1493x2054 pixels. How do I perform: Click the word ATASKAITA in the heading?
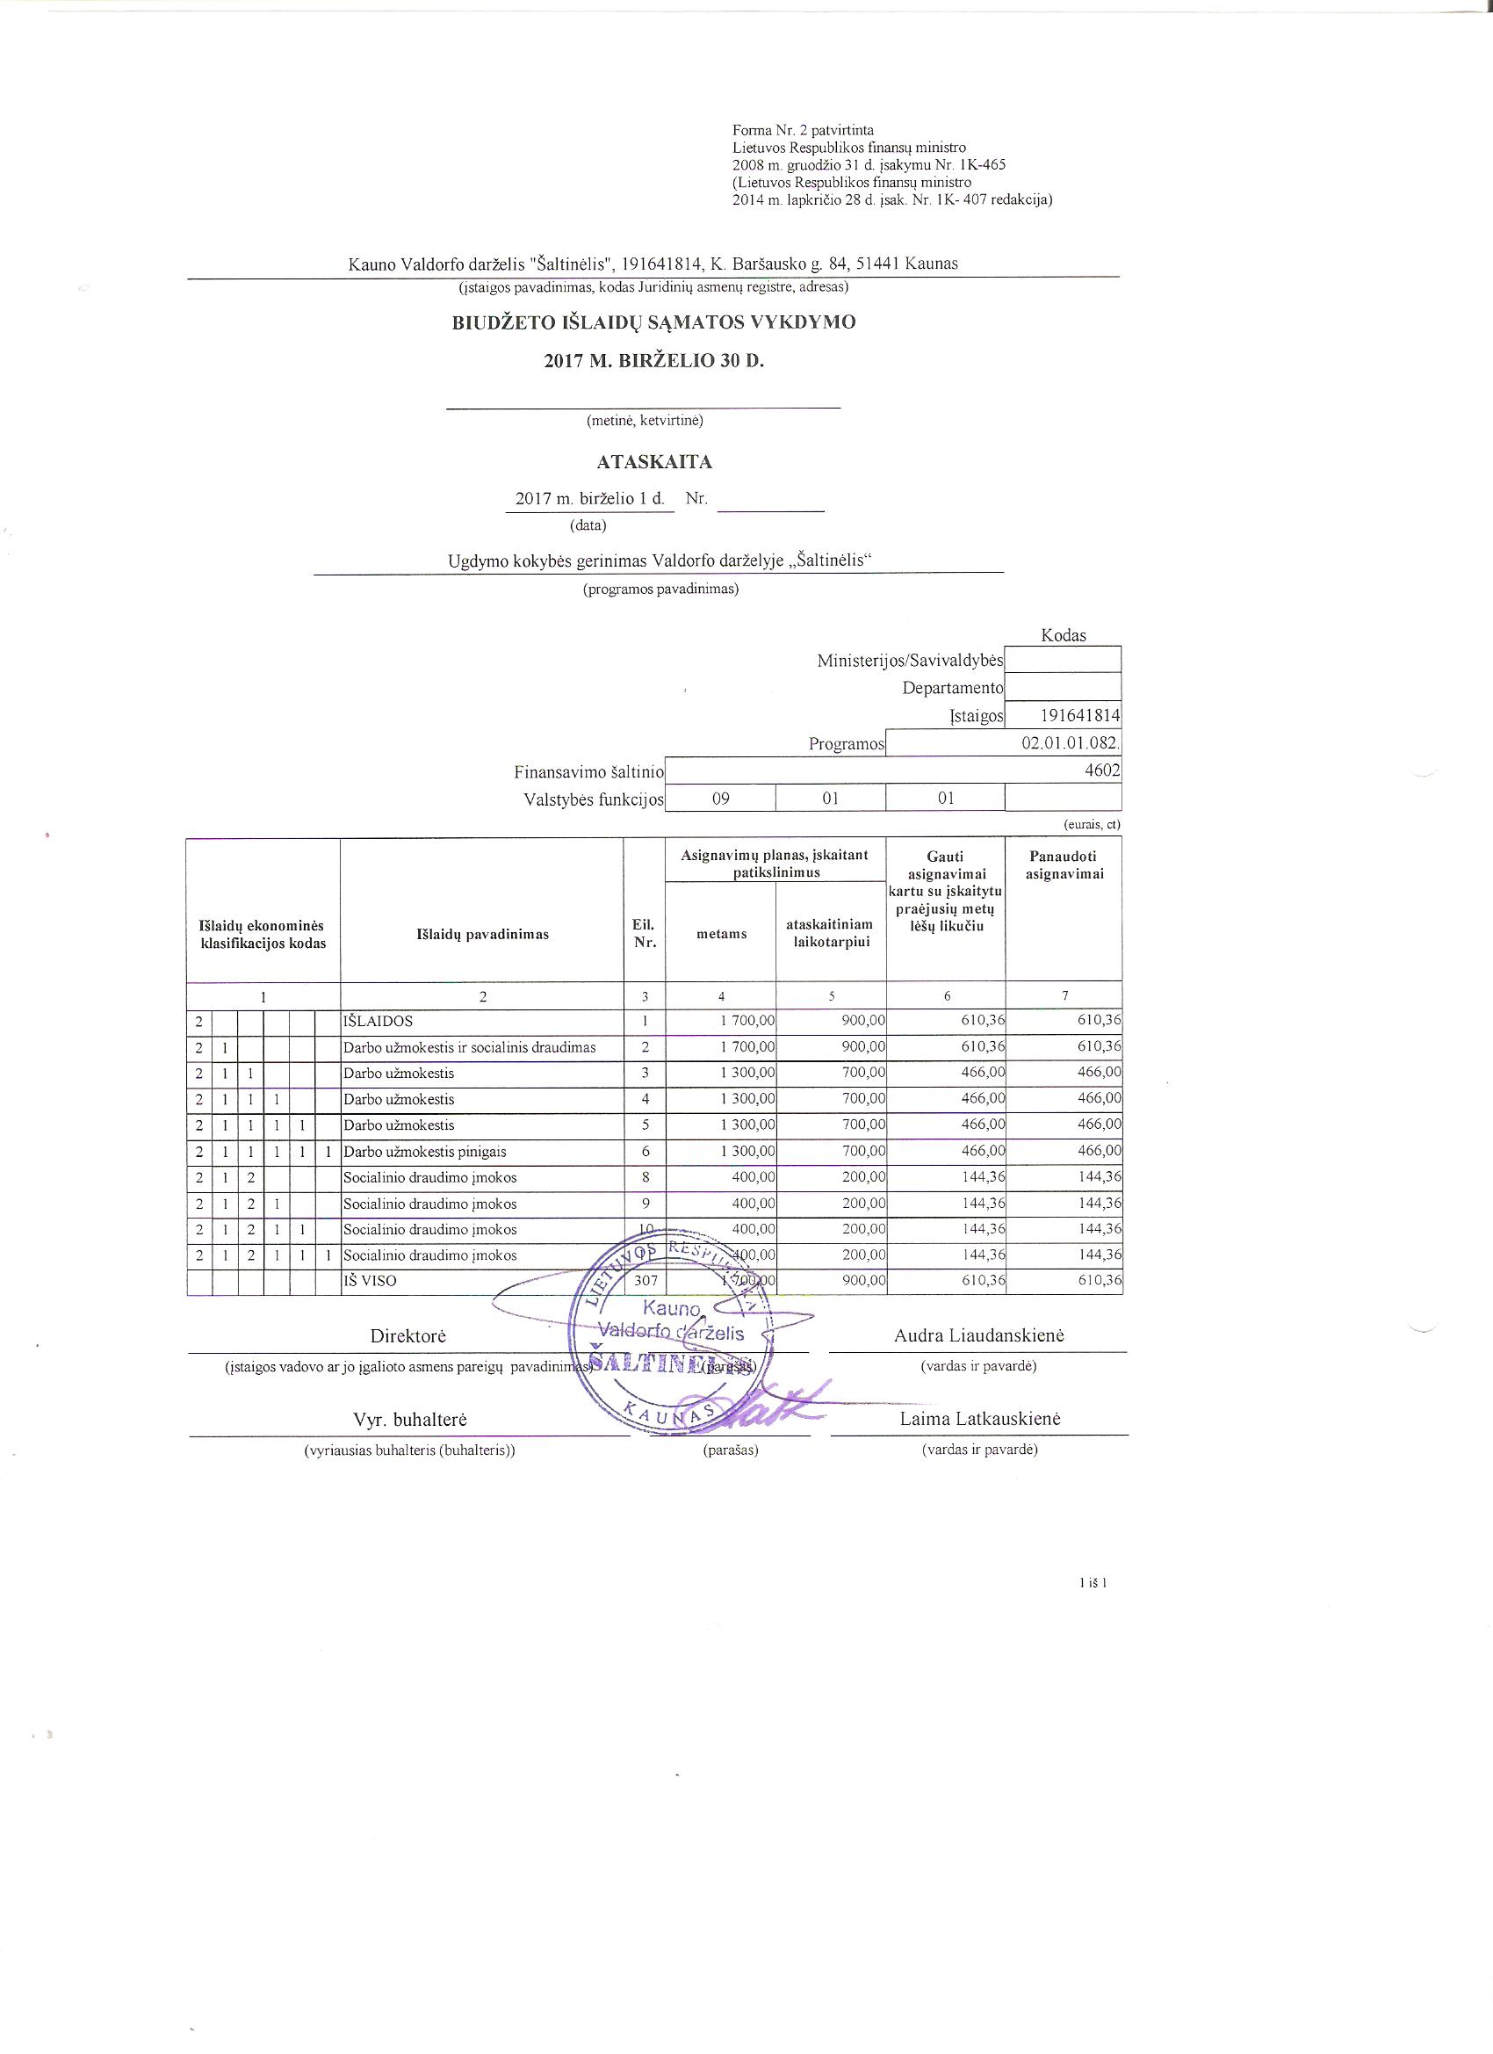pyautogui.click(x=653, y=463)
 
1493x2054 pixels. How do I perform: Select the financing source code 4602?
pyautogui.click(x=1104, y=770)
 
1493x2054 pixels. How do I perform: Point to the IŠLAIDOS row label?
pyautogui.click(x=378, y=1021)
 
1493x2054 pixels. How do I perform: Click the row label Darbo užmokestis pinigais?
pyautogui.click(x=425, y=1152)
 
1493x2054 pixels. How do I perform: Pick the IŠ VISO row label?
pyautogui.click(x=370, y=1282)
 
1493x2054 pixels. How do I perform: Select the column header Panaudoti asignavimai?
pyautogui.click(x=1063, y=864)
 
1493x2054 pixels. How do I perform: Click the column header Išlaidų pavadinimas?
pyautogui.click(x=482, y=935)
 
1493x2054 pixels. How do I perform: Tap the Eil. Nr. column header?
pyautogui.click(x=644, y=934)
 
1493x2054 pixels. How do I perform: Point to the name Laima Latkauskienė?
pyautogui.click(x=979, y=1419)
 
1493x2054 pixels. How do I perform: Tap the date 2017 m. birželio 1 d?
pyautogui.click(x=589, y=499)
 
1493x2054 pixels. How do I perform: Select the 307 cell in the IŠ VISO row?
pyautogui.click(x=644, y=1282)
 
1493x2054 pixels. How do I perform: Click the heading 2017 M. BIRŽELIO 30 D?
pyautogui.click(x=653, y=360)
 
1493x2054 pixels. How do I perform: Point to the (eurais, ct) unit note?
pyautogui.click(x=1091, y=825)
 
